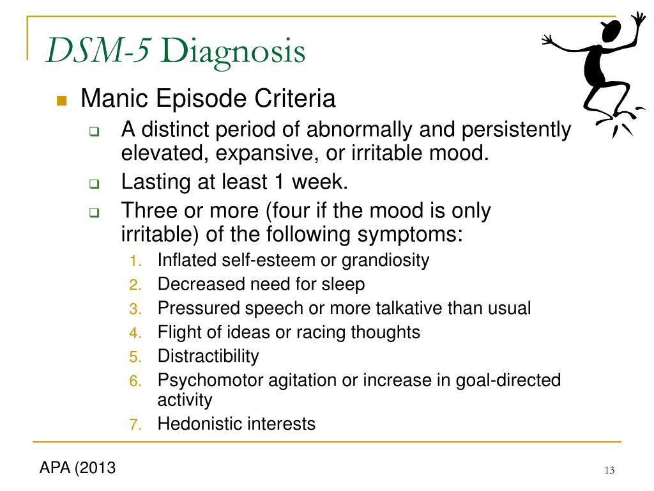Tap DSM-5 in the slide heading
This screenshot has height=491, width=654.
point(98,50)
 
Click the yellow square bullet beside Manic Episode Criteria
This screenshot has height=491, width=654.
point(62,100)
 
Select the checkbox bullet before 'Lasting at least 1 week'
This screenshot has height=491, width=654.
point(95,183)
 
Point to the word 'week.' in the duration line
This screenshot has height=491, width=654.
point(320,182)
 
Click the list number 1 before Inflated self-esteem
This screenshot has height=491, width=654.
point(135,261)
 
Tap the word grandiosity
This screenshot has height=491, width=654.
point(385,261)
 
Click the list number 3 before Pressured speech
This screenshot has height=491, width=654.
point(135,309)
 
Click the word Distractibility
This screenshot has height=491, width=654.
point(208,356)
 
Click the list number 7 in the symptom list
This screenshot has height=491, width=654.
point(135,425)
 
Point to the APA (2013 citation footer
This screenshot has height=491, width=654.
point(77,467)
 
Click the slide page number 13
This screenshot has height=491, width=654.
point(609,471)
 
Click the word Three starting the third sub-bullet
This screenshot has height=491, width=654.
point(149,210)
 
